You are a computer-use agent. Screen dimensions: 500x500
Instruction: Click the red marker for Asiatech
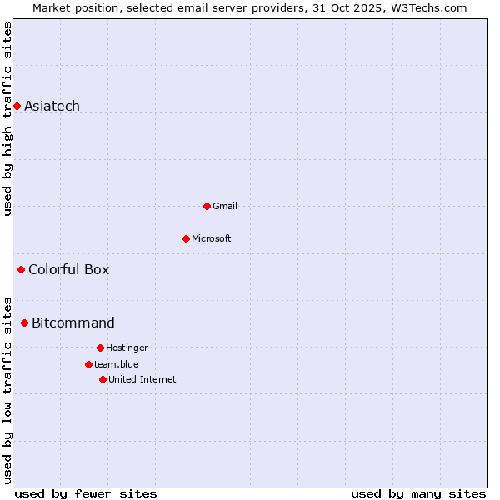[x=17, y=106]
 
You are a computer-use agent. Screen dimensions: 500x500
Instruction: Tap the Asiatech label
[x=52, y=106]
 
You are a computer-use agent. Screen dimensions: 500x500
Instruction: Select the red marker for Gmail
[x=207, y=206]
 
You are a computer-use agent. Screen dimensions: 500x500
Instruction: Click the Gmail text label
[x=225, y=206]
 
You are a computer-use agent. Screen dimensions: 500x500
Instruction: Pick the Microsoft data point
[x=186, y=238]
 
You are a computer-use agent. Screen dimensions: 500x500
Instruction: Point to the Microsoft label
[x=211, y=238]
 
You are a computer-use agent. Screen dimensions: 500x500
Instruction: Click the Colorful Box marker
[x=21, y=269]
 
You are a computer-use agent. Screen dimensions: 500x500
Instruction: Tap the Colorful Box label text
[x=68, y=269]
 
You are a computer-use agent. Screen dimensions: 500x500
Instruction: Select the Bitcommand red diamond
[x=24, y=322]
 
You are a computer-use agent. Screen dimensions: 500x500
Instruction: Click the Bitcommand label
[x=73, y=322]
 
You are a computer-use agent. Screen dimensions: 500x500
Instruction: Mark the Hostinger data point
[x=100, y=347]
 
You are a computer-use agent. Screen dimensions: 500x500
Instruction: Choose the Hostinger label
[x=127, y=347]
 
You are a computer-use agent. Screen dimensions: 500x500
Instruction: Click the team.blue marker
[x=88, y=364]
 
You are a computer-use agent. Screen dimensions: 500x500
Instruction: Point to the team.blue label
[x=116, y=364]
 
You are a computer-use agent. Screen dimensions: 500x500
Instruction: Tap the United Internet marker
[x=102, y=379]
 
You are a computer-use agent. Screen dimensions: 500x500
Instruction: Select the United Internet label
[x=142, y=379]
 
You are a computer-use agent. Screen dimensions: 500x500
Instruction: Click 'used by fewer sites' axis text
[x=86, y=493]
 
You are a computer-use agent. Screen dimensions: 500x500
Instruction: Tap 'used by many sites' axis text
[x=418, y=493]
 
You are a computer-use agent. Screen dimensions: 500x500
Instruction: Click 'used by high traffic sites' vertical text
[x=7, y=118]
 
